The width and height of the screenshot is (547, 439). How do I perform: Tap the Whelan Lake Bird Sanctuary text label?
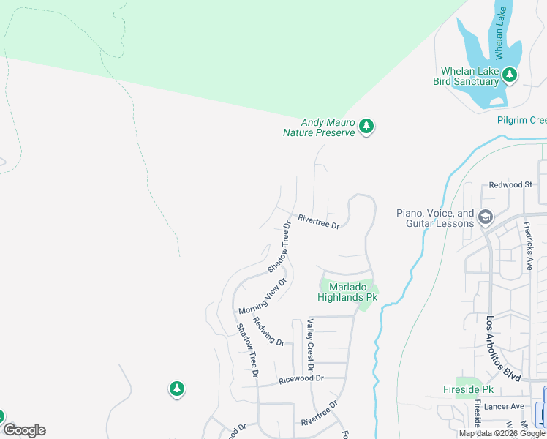pos(467,76)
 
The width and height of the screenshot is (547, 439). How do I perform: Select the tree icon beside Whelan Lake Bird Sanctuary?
pos(510,75)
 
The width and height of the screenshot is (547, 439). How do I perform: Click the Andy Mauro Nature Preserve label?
pos(320,127)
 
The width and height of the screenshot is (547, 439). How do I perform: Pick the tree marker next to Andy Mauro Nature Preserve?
pos(366,127)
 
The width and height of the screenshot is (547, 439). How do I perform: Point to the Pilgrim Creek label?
pos(522,120)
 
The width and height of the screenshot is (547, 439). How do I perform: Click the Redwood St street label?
pos(510,185)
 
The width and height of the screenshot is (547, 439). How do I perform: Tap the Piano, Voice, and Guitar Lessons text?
pos(436,218)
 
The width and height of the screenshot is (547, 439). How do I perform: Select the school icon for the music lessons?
pos(485,217)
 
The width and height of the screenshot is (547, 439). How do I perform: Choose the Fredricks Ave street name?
pos(528,247)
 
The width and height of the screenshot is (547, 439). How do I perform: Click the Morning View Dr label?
pos(262,296)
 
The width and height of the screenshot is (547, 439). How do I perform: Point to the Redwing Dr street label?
pos(267,331)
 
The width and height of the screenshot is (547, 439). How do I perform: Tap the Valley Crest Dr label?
pos(311,344)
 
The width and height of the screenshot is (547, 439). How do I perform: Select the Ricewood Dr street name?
pos(301,379)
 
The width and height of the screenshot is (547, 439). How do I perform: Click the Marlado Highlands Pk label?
pos(347,292)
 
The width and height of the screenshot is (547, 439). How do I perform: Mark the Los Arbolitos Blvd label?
pos(503,348)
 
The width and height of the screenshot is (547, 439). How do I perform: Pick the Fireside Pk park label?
pos(469,389)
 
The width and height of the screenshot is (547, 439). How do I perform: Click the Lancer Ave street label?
pos(507,406)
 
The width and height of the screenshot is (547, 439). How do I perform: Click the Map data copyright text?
pos(502,433)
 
